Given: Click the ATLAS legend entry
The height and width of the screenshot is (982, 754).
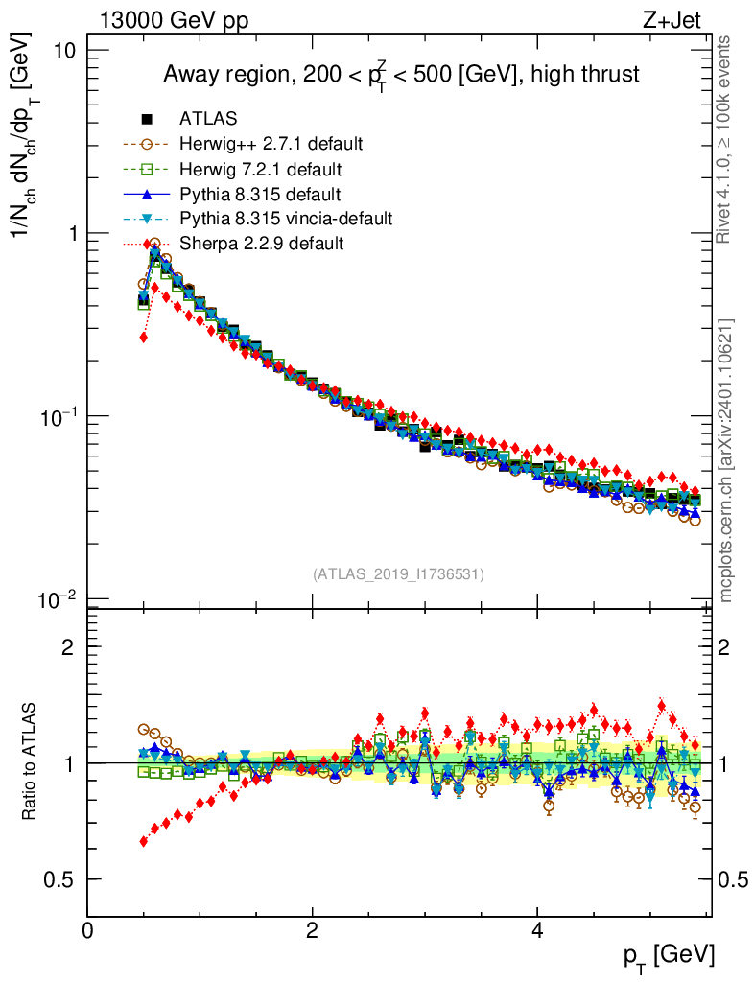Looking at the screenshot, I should [x=207, y=119].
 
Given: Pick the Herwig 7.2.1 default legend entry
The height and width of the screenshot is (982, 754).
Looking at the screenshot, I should [x=259, y=169].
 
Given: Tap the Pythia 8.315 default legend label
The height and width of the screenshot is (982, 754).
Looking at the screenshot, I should [x=259, y=194].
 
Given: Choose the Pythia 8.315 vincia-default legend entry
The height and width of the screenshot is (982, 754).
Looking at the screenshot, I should [x=285, y=219].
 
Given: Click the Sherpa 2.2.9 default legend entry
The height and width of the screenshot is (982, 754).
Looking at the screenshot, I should [x=261, y=244].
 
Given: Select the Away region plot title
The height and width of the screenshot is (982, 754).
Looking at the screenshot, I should [x=401, y=75].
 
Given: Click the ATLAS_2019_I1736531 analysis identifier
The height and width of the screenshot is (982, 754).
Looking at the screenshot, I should [x=398, y=574].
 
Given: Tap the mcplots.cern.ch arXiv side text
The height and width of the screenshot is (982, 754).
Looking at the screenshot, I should [x=726, y=460].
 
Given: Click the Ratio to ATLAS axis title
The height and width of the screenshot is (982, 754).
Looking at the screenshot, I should [x=30, y=761].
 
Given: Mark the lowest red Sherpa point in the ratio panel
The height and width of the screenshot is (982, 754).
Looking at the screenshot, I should [x=144, y=841].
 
